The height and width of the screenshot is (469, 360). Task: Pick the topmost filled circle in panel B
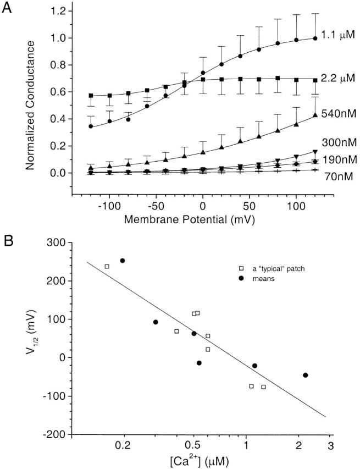[123, 261]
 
